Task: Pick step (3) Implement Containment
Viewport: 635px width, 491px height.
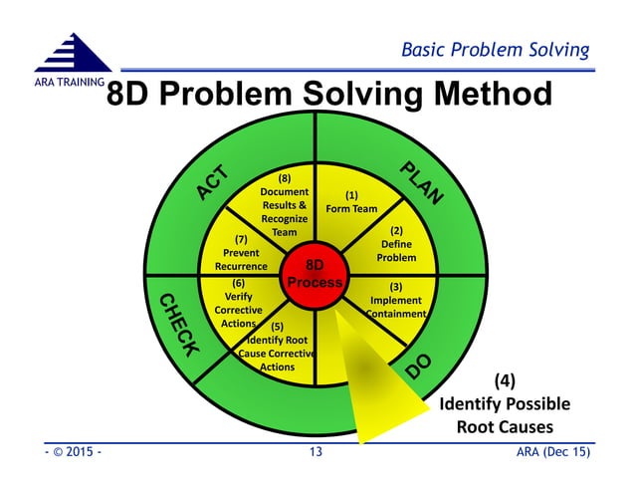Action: click(395, 300)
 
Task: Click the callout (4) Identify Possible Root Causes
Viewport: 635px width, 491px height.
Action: click(505, 403)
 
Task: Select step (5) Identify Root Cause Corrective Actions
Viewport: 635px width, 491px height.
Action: click(277, 347)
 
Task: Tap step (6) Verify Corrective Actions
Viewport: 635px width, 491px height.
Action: click(238, 303)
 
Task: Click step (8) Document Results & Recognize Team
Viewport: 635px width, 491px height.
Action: click(284, 205)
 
